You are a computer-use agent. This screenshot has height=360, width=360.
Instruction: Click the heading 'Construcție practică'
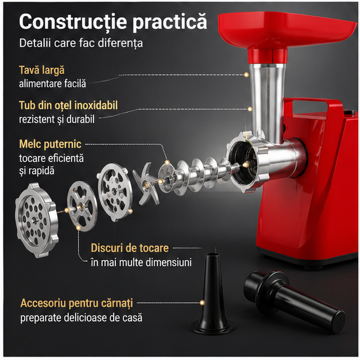113,21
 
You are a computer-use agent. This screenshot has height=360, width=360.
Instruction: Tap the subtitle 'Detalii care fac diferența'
81,43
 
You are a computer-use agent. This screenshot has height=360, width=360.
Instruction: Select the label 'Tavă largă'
42,70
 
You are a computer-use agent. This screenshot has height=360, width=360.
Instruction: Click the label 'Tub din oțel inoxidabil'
68,106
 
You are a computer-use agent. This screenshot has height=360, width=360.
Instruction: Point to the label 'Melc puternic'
50,144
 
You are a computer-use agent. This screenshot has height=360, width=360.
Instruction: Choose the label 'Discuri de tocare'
130,248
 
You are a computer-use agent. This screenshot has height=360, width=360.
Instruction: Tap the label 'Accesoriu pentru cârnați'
77,303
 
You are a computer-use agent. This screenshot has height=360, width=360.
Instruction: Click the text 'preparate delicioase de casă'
82,318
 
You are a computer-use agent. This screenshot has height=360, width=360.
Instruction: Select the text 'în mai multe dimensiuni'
141,262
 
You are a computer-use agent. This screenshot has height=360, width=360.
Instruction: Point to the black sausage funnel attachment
212,292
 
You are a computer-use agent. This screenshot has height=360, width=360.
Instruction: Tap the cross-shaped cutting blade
145,184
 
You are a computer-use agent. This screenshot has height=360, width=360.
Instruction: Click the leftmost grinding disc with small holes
36,220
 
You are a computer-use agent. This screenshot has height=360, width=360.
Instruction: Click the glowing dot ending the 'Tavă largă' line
246,75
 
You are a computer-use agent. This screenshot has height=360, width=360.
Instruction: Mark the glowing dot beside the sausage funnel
202,303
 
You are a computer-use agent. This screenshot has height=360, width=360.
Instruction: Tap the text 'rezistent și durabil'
57,119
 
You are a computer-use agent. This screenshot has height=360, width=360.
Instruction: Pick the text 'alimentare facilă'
52,84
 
